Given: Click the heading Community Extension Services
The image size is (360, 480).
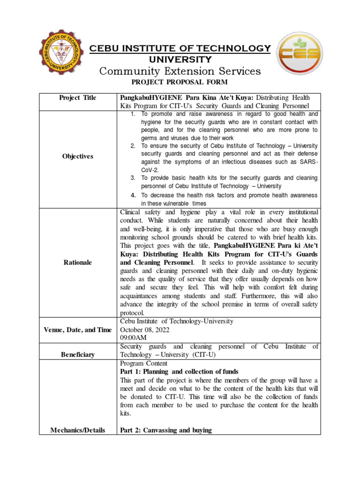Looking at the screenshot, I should pyautogui.click(x=180, y=71).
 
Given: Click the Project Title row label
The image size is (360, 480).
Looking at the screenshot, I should pyautogui.click(x=78, y=97).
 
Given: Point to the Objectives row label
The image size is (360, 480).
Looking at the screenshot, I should pyautogui.click(x=78, y=156).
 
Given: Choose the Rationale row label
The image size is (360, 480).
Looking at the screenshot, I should pyautogui.click(x=78, y=262).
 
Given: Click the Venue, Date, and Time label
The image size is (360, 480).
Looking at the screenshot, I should pyautogui.click(x=78, y=330).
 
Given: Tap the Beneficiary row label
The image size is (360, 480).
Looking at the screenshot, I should pyautogui.click(x=78, y=354).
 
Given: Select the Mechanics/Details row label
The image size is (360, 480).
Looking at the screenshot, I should pyautogui.click(x=78, y=430).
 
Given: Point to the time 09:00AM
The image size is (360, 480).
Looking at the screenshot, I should pyautogui.click(x=134, y=338).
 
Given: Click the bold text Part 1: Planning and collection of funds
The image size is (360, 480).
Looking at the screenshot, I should pyautogui.click(x=179, y=371).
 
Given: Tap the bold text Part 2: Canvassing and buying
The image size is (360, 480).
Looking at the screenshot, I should pyautogui.click(x=166, y=430).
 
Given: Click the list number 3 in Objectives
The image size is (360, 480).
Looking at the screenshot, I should pyautogui.click(x=133, y=178).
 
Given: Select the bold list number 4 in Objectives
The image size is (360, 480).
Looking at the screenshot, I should pyautogui.click(x=133, y=195).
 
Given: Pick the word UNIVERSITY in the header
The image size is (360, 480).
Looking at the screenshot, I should pyautogui.click(x=180, y=60).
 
